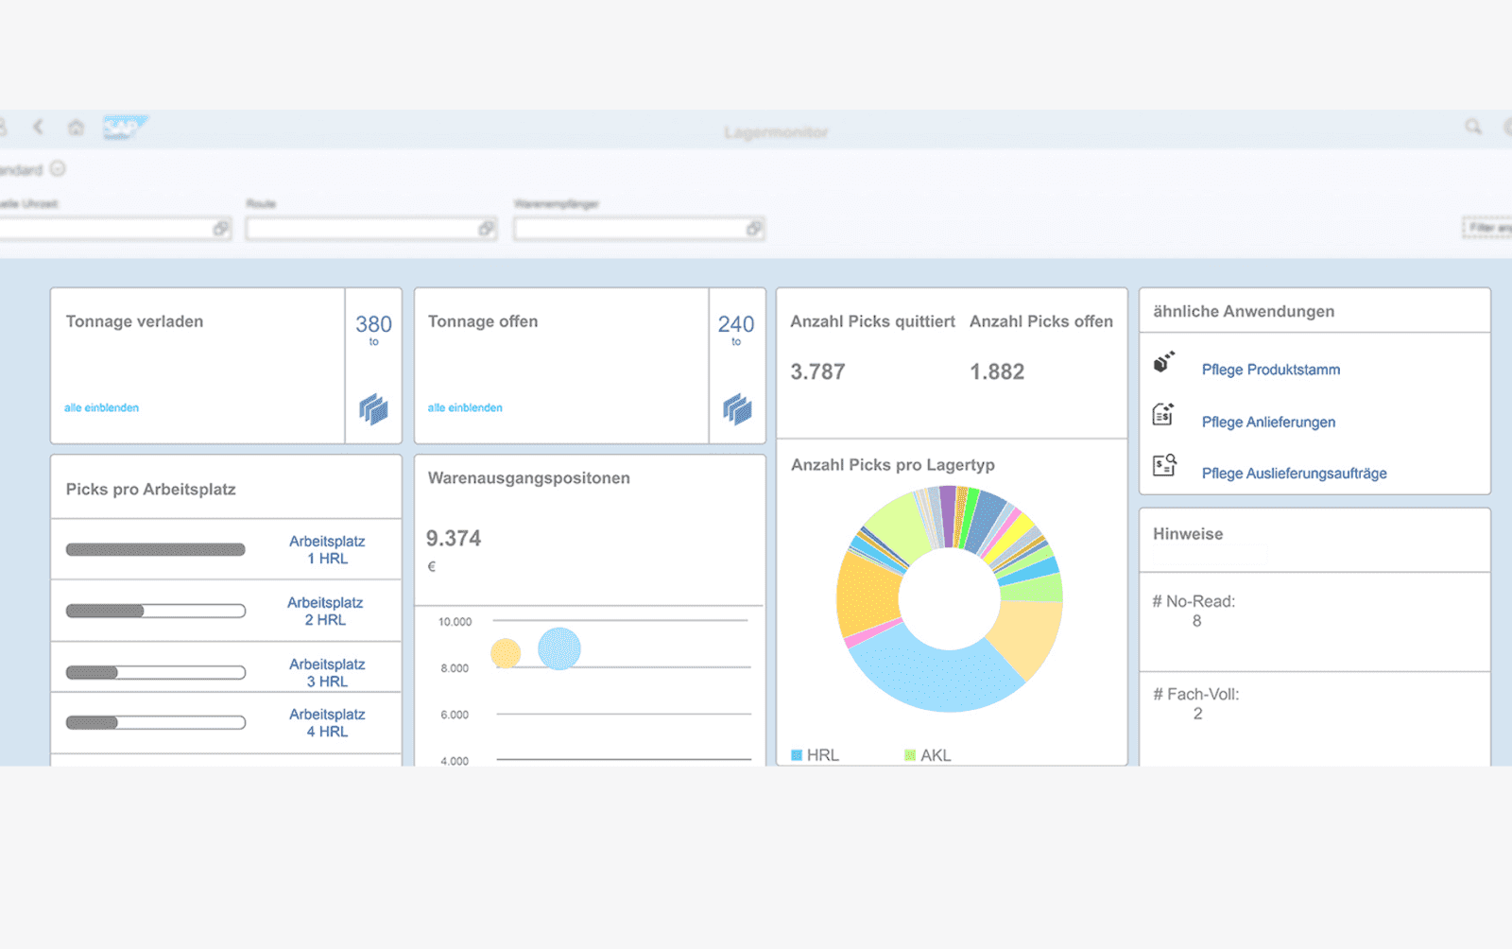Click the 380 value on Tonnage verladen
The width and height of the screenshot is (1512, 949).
[373, 324]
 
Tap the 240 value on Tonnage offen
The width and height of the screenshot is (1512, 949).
[736, 324]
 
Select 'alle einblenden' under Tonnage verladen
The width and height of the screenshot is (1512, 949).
[101, 408]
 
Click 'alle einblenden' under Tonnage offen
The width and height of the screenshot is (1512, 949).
[465, 408]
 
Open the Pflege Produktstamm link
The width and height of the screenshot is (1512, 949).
[1270, 370]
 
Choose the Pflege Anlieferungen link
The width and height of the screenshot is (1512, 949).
[1268, 423]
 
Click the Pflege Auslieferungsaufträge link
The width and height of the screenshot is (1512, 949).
[1294, 474]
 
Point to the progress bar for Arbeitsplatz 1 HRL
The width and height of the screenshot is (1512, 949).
[155, 550]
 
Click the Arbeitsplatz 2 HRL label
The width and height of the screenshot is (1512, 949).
[325, 612]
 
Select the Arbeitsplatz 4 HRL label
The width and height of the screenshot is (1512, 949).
[327, 723]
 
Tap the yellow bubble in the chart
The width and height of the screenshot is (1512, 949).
[506, 653]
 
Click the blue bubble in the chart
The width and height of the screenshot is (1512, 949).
[559, 648]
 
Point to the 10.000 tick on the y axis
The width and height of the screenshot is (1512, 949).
[455, 622]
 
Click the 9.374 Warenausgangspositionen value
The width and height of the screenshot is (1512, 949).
[454, 539]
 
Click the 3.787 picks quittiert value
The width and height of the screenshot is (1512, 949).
[817, 372]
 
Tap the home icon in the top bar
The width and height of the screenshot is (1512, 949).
[76, 128]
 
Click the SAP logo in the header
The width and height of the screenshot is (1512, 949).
[124, 128]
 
